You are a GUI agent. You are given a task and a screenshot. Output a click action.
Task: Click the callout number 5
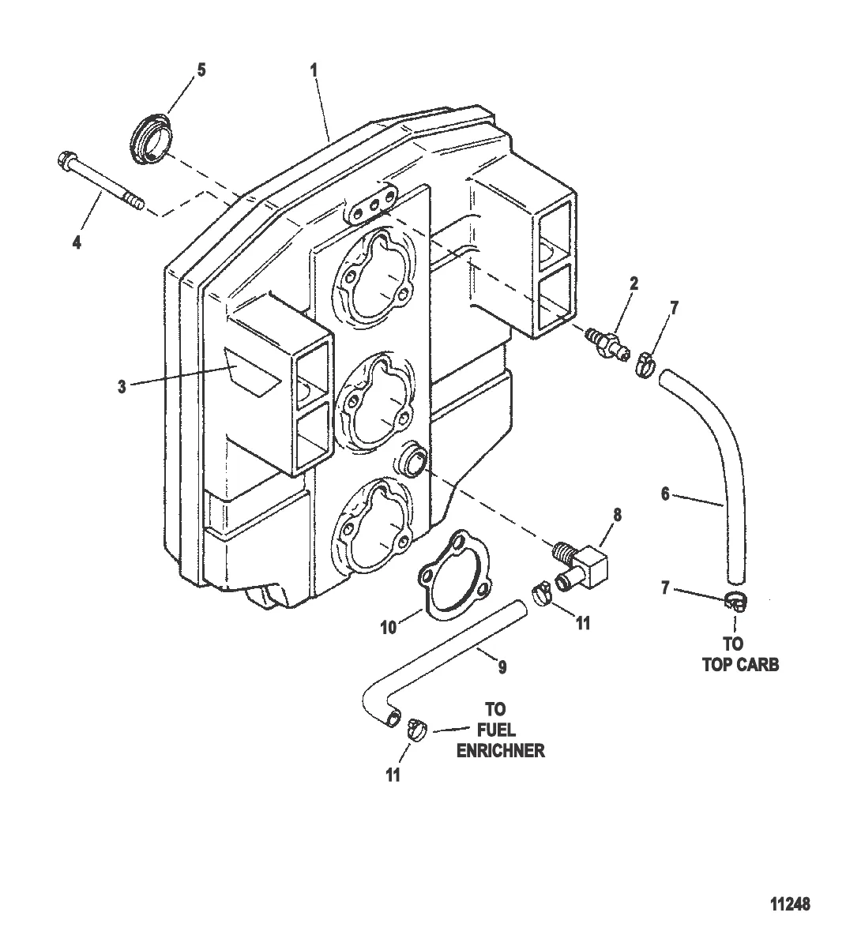[201, 70]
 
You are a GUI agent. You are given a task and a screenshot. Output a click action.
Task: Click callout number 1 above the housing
[314, 70]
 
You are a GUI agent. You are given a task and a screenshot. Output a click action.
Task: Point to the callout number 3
[122, 387]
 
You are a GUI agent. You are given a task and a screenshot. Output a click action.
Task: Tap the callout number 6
[665, 494]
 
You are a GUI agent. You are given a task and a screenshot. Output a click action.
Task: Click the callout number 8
[617, 515]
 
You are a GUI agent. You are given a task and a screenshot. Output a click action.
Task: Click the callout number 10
[389, 628]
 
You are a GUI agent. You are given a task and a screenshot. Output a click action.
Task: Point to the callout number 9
[502, 666]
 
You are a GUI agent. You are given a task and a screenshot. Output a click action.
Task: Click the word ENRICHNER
[500, 751]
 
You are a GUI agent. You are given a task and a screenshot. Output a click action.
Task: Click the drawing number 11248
[790, 904]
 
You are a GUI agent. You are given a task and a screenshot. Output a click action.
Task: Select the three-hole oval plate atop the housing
[373, 203]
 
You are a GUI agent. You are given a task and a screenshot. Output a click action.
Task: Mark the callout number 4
[77, 242]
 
